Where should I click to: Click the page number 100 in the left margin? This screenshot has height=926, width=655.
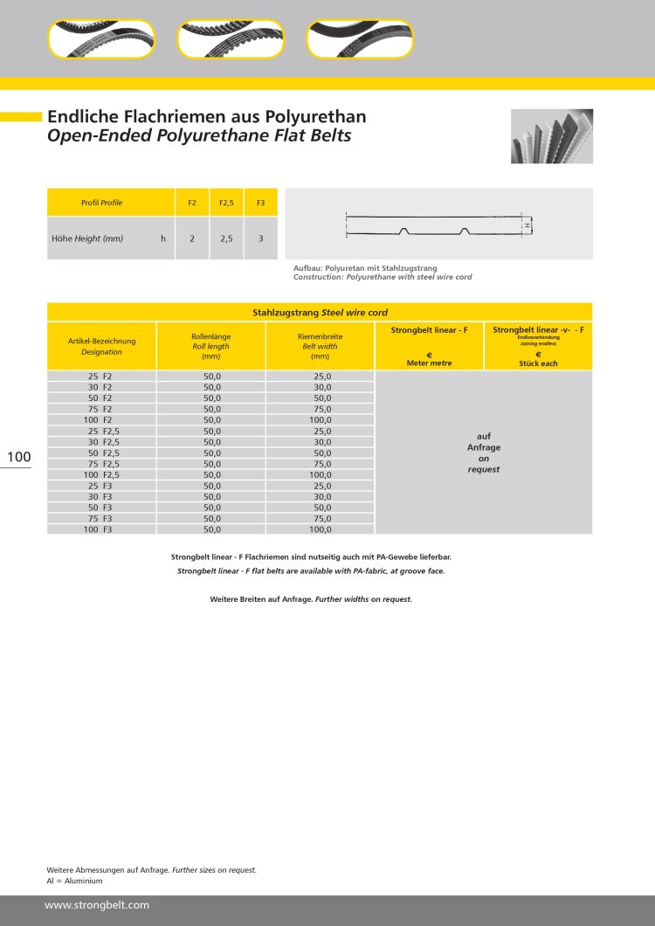pos(19,457)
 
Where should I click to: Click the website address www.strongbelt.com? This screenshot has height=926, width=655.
pos(97,905)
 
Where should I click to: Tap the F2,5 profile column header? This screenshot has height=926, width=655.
pos(226,203)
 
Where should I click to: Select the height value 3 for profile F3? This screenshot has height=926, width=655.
pos(260,238)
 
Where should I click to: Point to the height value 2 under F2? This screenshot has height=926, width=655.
pos(192,238)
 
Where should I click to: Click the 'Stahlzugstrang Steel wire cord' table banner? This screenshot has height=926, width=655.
pos(320,312)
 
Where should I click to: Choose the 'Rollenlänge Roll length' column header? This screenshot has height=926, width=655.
pos(210,346)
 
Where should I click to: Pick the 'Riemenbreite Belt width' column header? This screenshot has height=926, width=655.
pos(320,346)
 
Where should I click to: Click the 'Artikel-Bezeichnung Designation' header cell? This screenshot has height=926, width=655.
pos(101,346)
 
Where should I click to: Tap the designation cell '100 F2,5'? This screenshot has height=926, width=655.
pos(101,474)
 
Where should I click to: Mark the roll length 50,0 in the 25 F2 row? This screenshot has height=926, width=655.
pos(211,376)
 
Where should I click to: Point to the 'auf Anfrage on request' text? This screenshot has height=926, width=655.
pos(483,453)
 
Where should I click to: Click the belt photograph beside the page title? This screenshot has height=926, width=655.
pos(551,136)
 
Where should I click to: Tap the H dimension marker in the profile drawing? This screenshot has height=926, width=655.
pos(527,225)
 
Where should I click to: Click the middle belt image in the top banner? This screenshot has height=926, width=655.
pos(231,39)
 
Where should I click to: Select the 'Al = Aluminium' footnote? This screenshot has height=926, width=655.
pos(74,881)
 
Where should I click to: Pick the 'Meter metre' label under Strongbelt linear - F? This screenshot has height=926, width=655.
pos(429,363)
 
